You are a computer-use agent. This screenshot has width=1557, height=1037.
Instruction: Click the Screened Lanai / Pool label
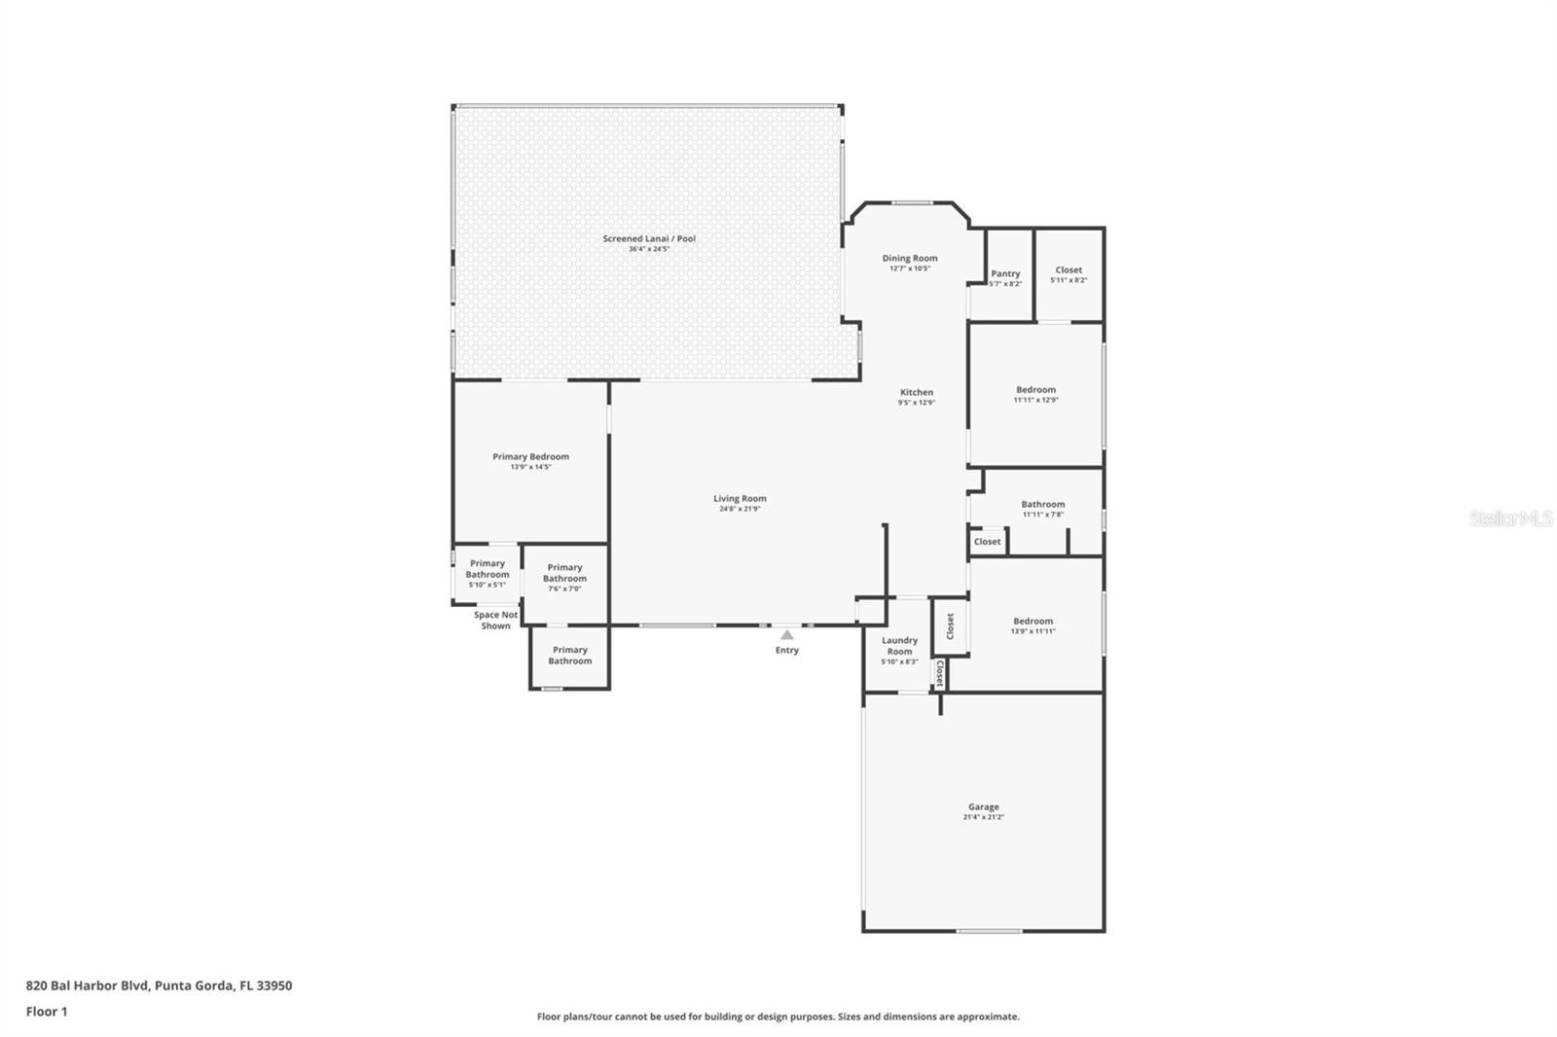(x=649, y=238)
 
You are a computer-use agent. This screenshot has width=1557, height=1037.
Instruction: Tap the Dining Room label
(x=910, y=259)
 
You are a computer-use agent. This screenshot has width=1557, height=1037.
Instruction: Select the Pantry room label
(x=1005, y=274)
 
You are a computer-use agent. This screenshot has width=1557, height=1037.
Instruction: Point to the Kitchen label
(x=917, y=393)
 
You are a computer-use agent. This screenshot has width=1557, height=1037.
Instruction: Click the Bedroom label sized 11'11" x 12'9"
(x=1035, y=390)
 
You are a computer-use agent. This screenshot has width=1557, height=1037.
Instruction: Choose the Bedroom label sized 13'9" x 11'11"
(x=1032, y=622)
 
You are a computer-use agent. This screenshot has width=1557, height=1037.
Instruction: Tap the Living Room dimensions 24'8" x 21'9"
(x=740, y=509)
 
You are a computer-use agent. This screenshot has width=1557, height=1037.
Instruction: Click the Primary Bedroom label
(x=530, y=457)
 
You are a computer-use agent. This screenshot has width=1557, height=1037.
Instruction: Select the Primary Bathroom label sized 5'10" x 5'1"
(x=488, y=569)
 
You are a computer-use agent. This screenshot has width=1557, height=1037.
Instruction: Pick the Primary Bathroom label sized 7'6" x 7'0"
(x=564, y=573)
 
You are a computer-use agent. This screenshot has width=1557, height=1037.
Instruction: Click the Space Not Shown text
(x=495, y=620)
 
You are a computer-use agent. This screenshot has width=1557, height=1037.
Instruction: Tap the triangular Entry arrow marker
(x=786, y=635)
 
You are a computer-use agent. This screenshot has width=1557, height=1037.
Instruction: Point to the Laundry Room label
(x=899, y=646)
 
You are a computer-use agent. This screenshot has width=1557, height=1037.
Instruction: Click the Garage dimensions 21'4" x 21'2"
(x=983, y=817)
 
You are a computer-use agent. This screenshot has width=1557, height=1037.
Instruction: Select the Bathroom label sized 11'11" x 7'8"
(x=1042, y=505)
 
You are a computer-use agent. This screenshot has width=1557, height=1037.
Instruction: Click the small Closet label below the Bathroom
(x=987, y=542)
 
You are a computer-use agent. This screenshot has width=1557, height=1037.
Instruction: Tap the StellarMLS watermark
(x=1510, y=519)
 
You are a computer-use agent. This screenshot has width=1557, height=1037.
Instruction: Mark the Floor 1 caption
(x=47, y=1012)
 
